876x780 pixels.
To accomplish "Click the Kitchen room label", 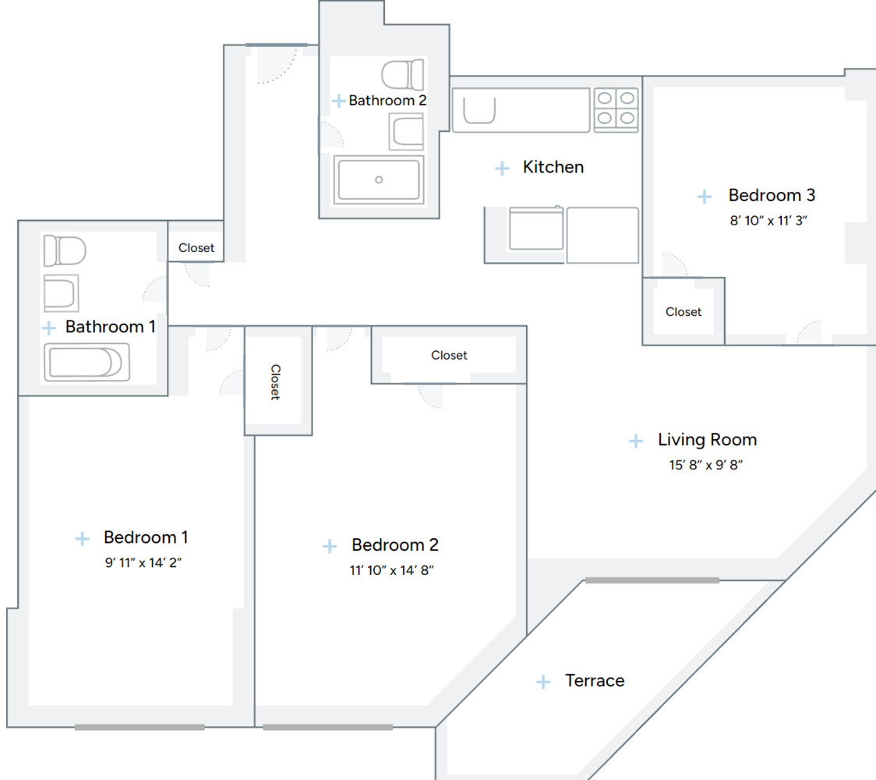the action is (x=553, y=167).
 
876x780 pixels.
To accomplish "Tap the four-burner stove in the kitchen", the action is (x=616, y=109).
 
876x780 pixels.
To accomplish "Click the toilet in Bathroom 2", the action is (x=403, y=75).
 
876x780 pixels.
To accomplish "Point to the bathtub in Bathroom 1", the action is (x=86, y=363).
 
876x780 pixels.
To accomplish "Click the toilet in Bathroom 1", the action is (x=64, y=251).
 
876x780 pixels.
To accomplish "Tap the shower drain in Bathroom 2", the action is (x=379, y=179).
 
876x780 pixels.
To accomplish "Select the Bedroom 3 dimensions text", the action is (x=768, y=220).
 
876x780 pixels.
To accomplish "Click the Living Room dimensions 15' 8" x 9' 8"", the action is (x=707, y=465).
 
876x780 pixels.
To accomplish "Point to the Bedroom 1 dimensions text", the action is (x=143, y=562).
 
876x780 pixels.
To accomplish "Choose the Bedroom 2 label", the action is (x=394, y=544).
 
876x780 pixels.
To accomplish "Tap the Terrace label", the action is (x=595, y=681).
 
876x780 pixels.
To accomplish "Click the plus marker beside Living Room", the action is (x=636, y=441).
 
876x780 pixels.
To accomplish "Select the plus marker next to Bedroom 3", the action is (x=705, y=197).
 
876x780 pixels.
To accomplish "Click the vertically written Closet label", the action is (x=275, y=381).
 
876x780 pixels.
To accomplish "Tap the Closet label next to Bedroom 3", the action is (x=683, y=312).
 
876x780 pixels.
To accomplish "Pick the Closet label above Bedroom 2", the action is (x=449, y=356).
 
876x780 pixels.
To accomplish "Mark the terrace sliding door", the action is (x=652, y=580).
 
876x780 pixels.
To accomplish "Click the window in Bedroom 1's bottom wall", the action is (x=140, y=727).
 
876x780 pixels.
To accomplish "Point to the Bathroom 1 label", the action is (x=110, y=327).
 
